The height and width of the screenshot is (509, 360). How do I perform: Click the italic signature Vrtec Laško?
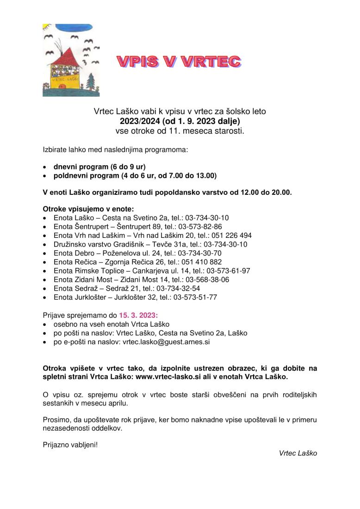298,453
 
